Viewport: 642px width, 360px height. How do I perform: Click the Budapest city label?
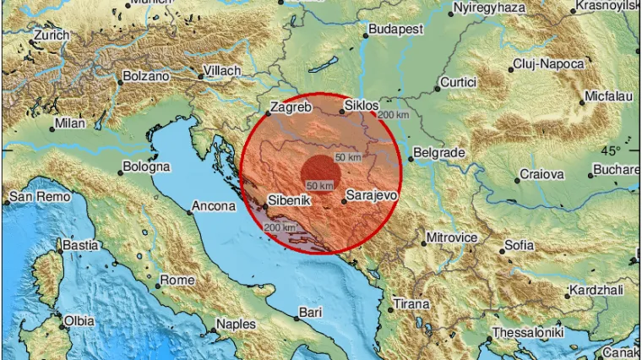tap(395, 30)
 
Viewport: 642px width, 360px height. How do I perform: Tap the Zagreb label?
tap(291, 107)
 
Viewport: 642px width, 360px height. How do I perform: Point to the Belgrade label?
tap(439, 153)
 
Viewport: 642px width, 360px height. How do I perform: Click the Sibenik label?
tap(289, 201)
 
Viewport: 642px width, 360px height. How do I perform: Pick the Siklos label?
tap(362, 106)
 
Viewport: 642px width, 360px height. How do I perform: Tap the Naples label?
tap(236, 324)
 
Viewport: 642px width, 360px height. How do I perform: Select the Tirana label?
tap(411, 303)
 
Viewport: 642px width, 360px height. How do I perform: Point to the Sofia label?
tap(519, 246)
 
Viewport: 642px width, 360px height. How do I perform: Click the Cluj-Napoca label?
tap(547, 64)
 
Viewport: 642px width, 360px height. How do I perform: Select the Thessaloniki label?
tap(528, 332)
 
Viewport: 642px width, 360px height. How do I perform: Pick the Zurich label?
tap(50, 37)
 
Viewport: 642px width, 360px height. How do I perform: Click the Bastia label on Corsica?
tap(81, 246)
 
